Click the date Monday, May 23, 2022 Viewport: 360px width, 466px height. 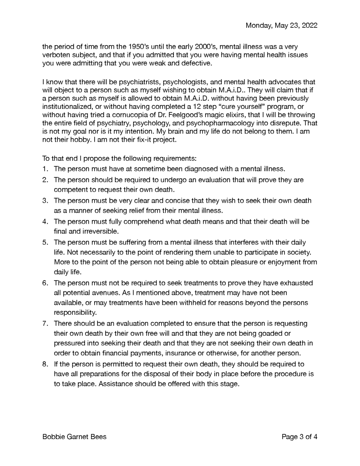(281, 26)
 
